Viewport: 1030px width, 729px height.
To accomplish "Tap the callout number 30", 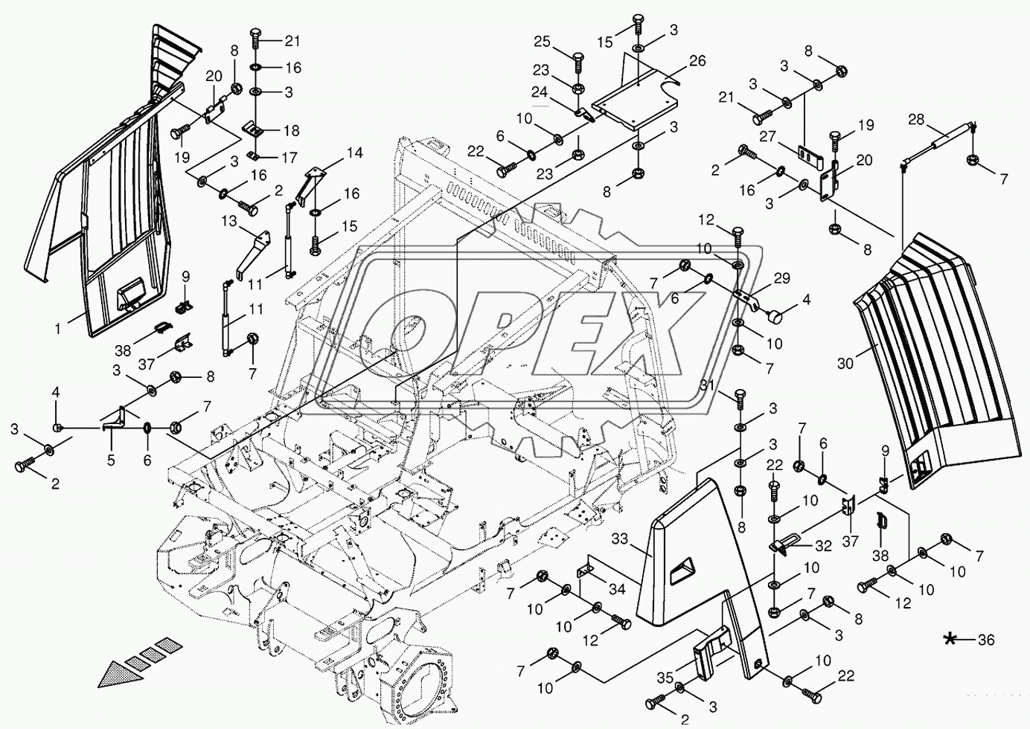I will point(845,364).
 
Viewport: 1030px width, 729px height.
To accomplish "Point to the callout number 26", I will point(697,62).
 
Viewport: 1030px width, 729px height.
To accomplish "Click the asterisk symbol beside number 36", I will point(950,639).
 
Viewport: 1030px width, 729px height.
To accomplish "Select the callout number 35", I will point(665,678).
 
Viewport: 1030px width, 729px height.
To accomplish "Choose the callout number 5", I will point(111,460).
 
